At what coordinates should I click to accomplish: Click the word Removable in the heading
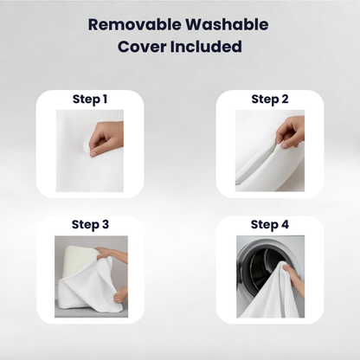point(135,24)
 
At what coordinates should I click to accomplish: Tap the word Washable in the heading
point(228,24)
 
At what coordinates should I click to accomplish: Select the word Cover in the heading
point(142,47)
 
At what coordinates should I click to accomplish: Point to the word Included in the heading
point(206,47)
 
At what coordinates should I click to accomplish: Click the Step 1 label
point(90,100)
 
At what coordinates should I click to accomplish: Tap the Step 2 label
point(270,100)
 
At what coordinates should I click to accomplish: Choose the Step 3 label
point(90,225)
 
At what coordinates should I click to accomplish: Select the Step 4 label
point(270,225)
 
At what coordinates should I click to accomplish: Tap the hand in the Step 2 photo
point(291,132)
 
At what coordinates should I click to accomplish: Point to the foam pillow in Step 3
point(80,259)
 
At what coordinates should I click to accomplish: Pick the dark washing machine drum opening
point(261,271)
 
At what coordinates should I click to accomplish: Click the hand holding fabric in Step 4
point(293,280)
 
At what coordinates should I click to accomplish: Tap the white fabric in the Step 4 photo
point(271,294)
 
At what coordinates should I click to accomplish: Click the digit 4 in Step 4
point(285,224)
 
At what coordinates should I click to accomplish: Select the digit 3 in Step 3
point(106,224)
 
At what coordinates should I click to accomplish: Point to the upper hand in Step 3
point(111,254)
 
